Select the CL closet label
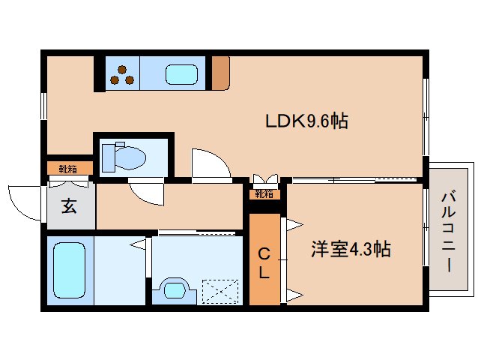click(x=264, y=263)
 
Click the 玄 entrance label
click(x=68, y=206)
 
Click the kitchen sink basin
click(x=182, y=75)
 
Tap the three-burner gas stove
click(x=122, y=74)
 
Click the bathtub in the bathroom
click(x=70, y=270)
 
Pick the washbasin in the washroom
click(x=174, y=289)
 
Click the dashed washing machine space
click(x=220, y=291)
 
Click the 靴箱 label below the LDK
click(x=264, y=194)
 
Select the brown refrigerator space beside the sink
click(x=220, y=73)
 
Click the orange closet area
click(x=264, y=259)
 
